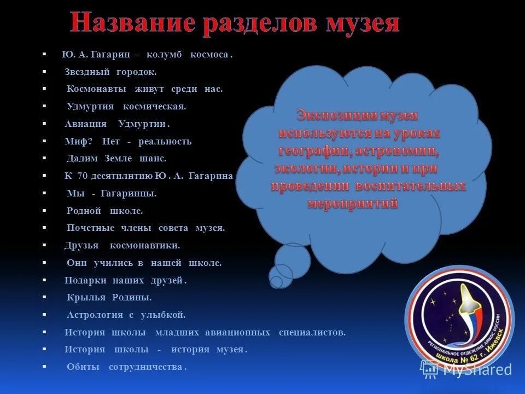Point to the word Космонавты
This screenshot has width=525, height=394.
point(96,89)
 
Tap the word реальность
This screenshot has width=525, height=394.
point(165,141)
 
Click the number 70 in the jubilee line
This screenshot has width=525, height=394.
point(83,176)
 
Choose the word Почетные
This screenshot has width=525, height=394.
point(90,228)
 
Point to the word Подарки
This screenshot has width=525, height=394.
point(84,280)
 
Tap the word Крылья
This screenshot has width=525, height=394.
point(85,297)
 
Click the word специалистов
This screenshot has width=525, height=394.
point(312,332)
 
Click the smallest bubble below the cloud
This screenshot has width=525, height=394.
point(276,282)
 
